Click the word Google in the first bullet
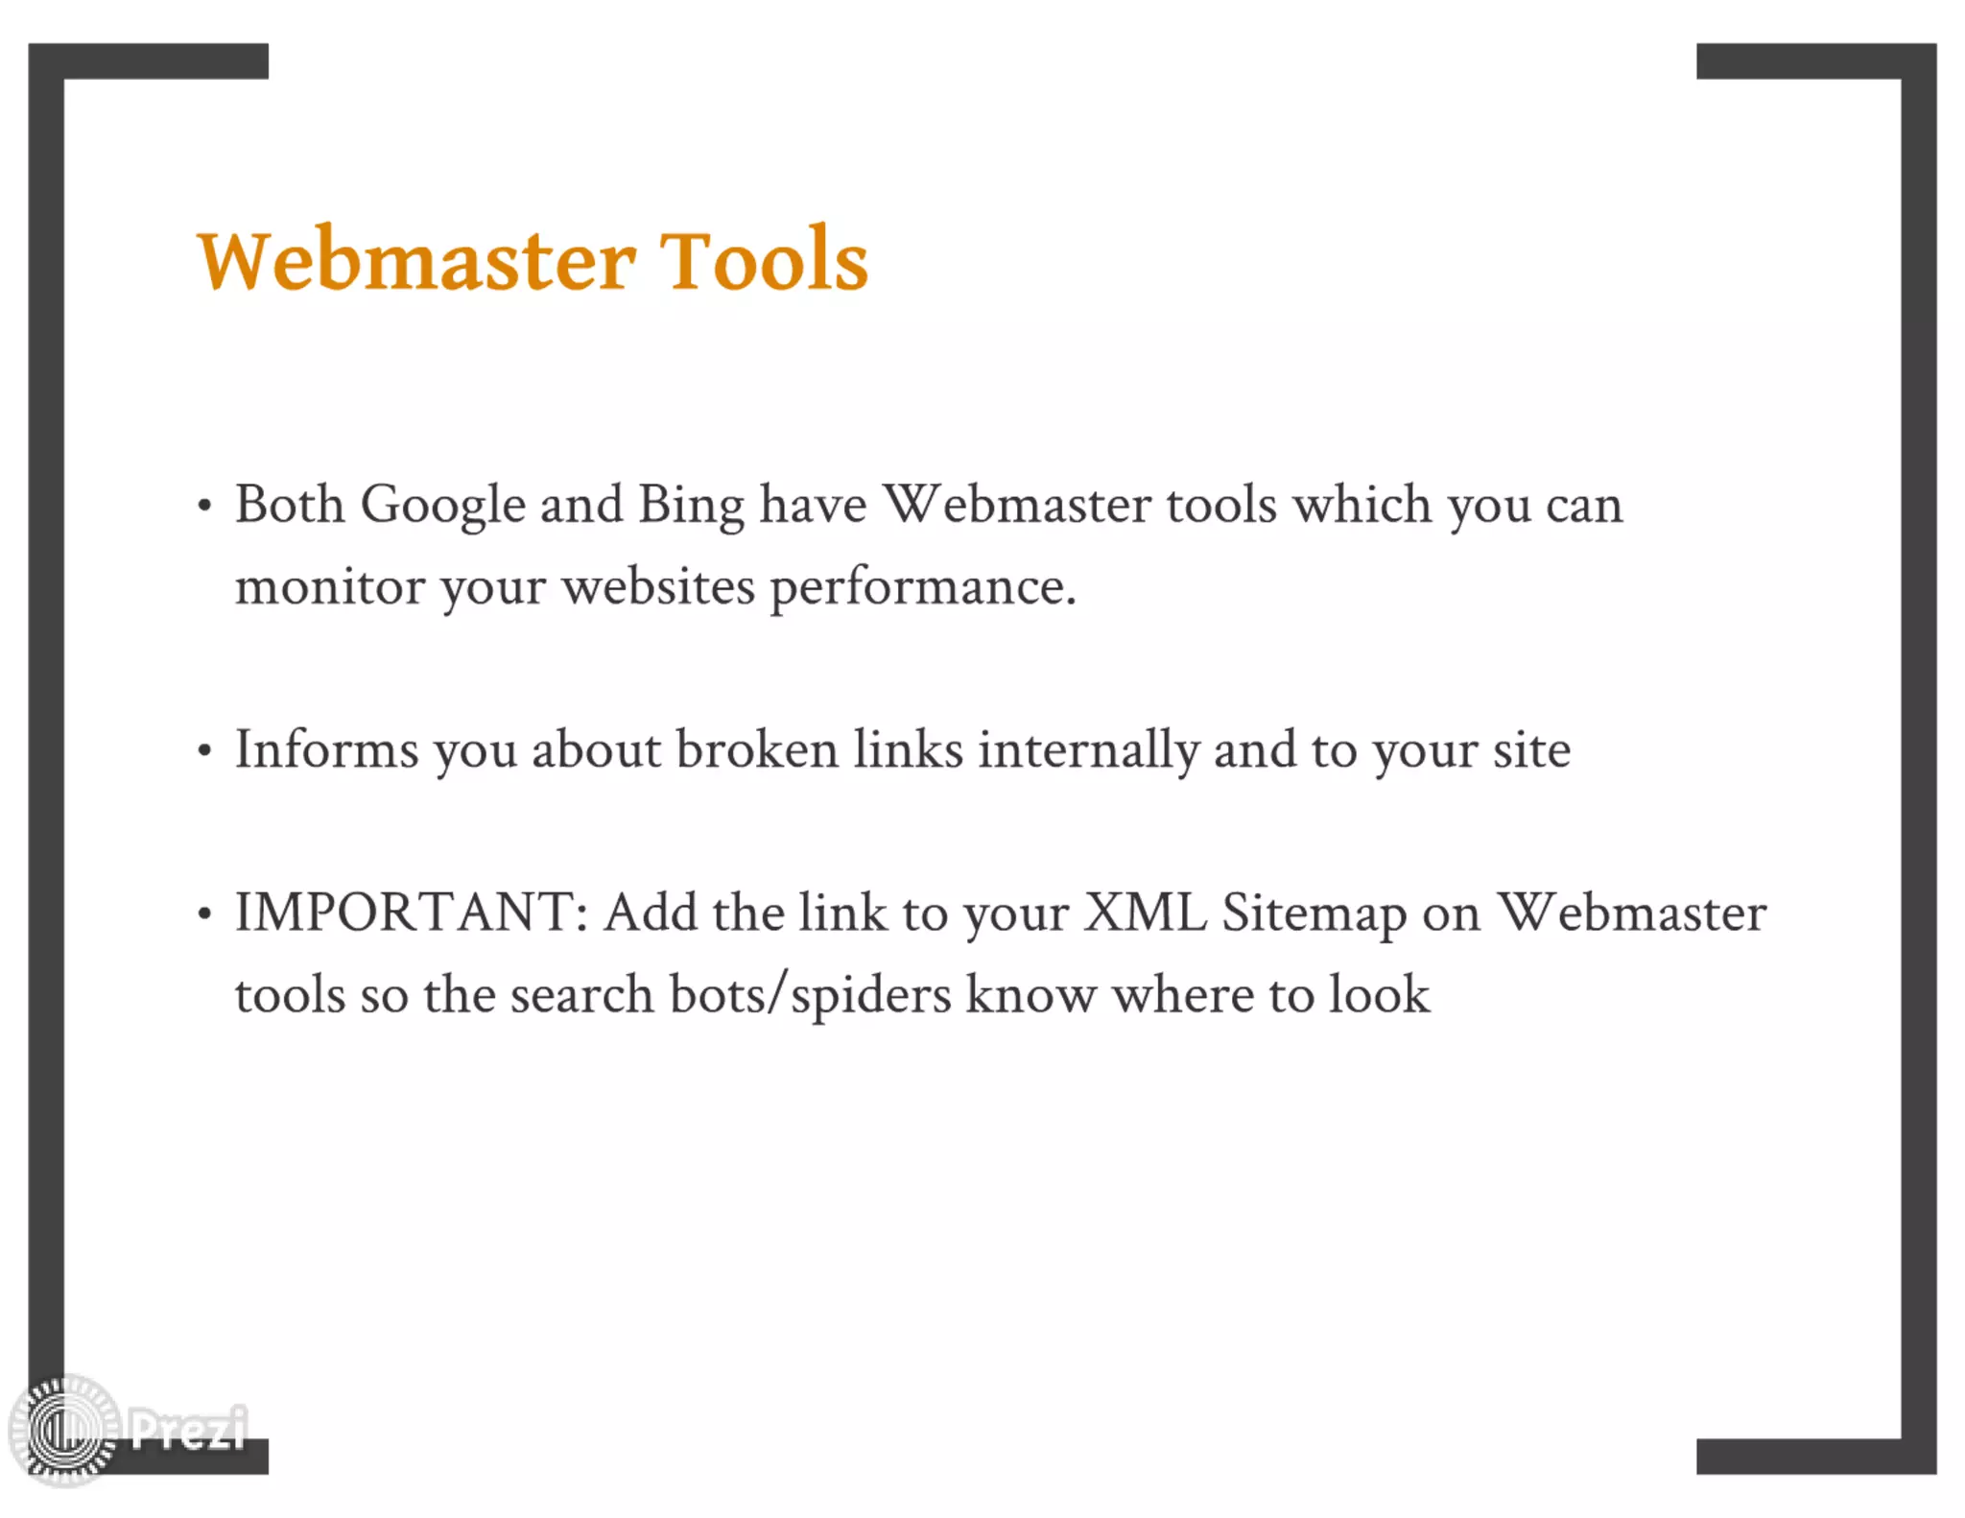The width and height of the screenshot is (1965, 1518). [x=442, y=505]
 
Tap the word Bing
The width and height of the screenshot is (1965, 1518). [x=691, y=505]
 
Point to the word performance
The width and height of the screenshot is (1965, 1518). [x=922, y=587]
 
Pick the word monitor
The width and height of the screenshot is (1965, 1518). [x=329, y=587]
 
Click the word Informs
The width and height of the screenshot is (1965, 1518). [x=326, y=749]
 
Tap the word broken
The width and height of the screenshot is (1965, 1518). [x=757, y=749]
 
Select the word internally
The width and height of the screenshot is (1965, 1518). [x=1088, y=749]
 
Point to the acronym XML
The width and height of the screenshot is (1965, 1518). [x=1145, y=913]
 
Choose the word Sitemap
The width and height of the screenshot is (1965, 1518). [x=1314, y=914]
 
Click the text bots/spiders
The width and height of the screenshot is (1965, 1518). [x=810, y=995]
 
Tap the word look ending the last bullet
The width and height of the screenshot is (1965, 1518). [x=1379, y=995]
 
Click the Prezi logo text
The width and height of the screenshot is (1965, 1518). [x=188, y=1429]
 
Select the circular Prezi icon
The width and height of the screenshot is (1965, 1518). [x=64, y=1431]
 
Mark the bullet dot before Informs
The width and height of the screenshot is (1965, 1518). [x=204, y=751]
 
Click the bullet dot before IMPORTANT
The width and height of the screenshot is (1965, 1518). [x=204, y=914]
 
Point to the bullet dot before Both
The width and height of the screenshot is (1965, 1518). [x=204, y=507]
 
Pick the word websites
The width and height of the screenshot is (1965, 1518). [x=658, y=587]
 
